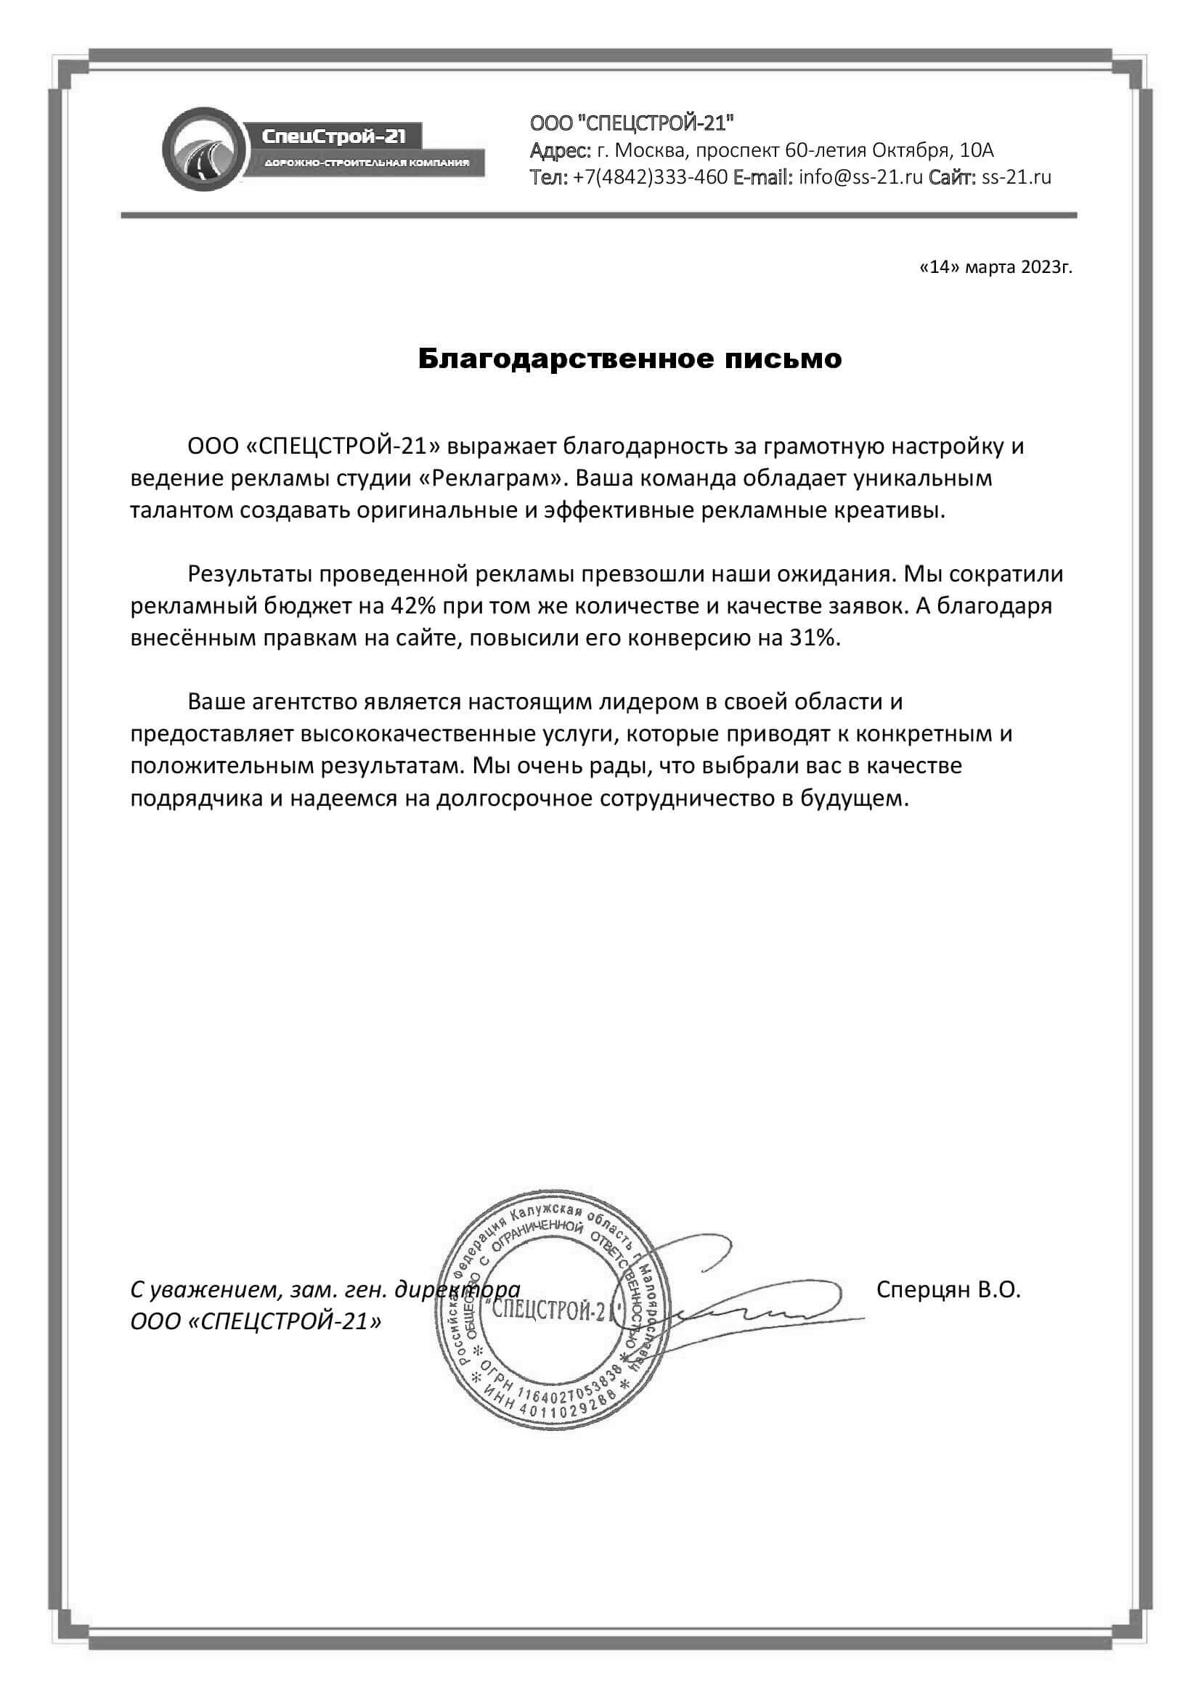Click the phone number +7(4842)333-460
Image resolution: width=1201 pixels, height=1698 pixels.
tap(650, 177)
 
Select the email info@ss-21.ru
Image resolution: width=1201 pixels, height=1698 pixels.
tap(860, 177)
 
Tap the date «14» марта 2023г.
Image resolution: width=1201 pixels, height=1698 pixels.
tap(996, 267)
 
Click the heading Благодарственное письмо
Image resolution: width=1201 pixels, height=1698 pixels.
tap(630, 359)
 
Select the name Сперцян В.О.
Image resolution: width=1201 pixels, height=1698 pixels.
tap(948, 1290)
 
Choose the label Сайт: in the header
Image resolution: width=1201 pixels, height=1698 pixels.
tap(953, 177)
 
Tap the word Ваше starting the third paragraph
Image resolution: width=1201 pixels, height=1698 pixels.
tap(215, 701)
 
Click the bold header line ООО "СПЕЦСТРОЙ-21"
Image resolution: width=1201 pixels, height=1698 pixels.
tap(632, 122)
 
